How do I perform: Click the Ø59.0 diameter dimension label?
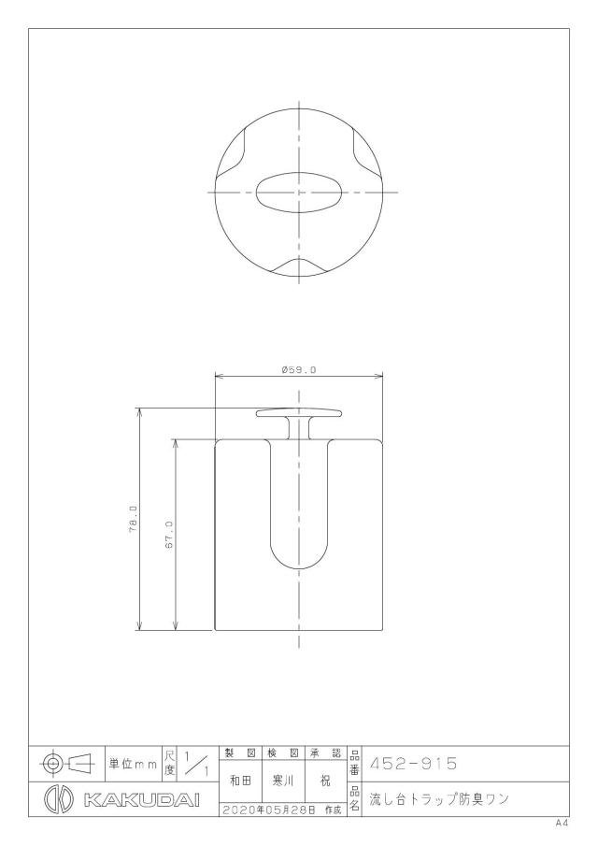point(298,370)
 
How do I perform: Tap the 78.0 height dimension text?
point(133,519)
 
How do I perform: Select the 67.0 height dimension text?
point(168,536)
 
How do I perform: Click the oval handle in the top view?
point(299,193)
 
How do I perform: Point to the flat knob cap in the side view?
point(299,414)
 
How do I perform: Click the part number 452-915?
point(413,764)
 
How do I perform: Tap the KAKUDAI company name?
point(142,799)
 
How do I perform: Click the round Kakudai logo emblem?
point(59,799)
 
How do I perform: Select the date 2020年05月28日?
point(268,810)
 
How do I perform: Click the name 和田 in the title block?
point(240,781)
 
